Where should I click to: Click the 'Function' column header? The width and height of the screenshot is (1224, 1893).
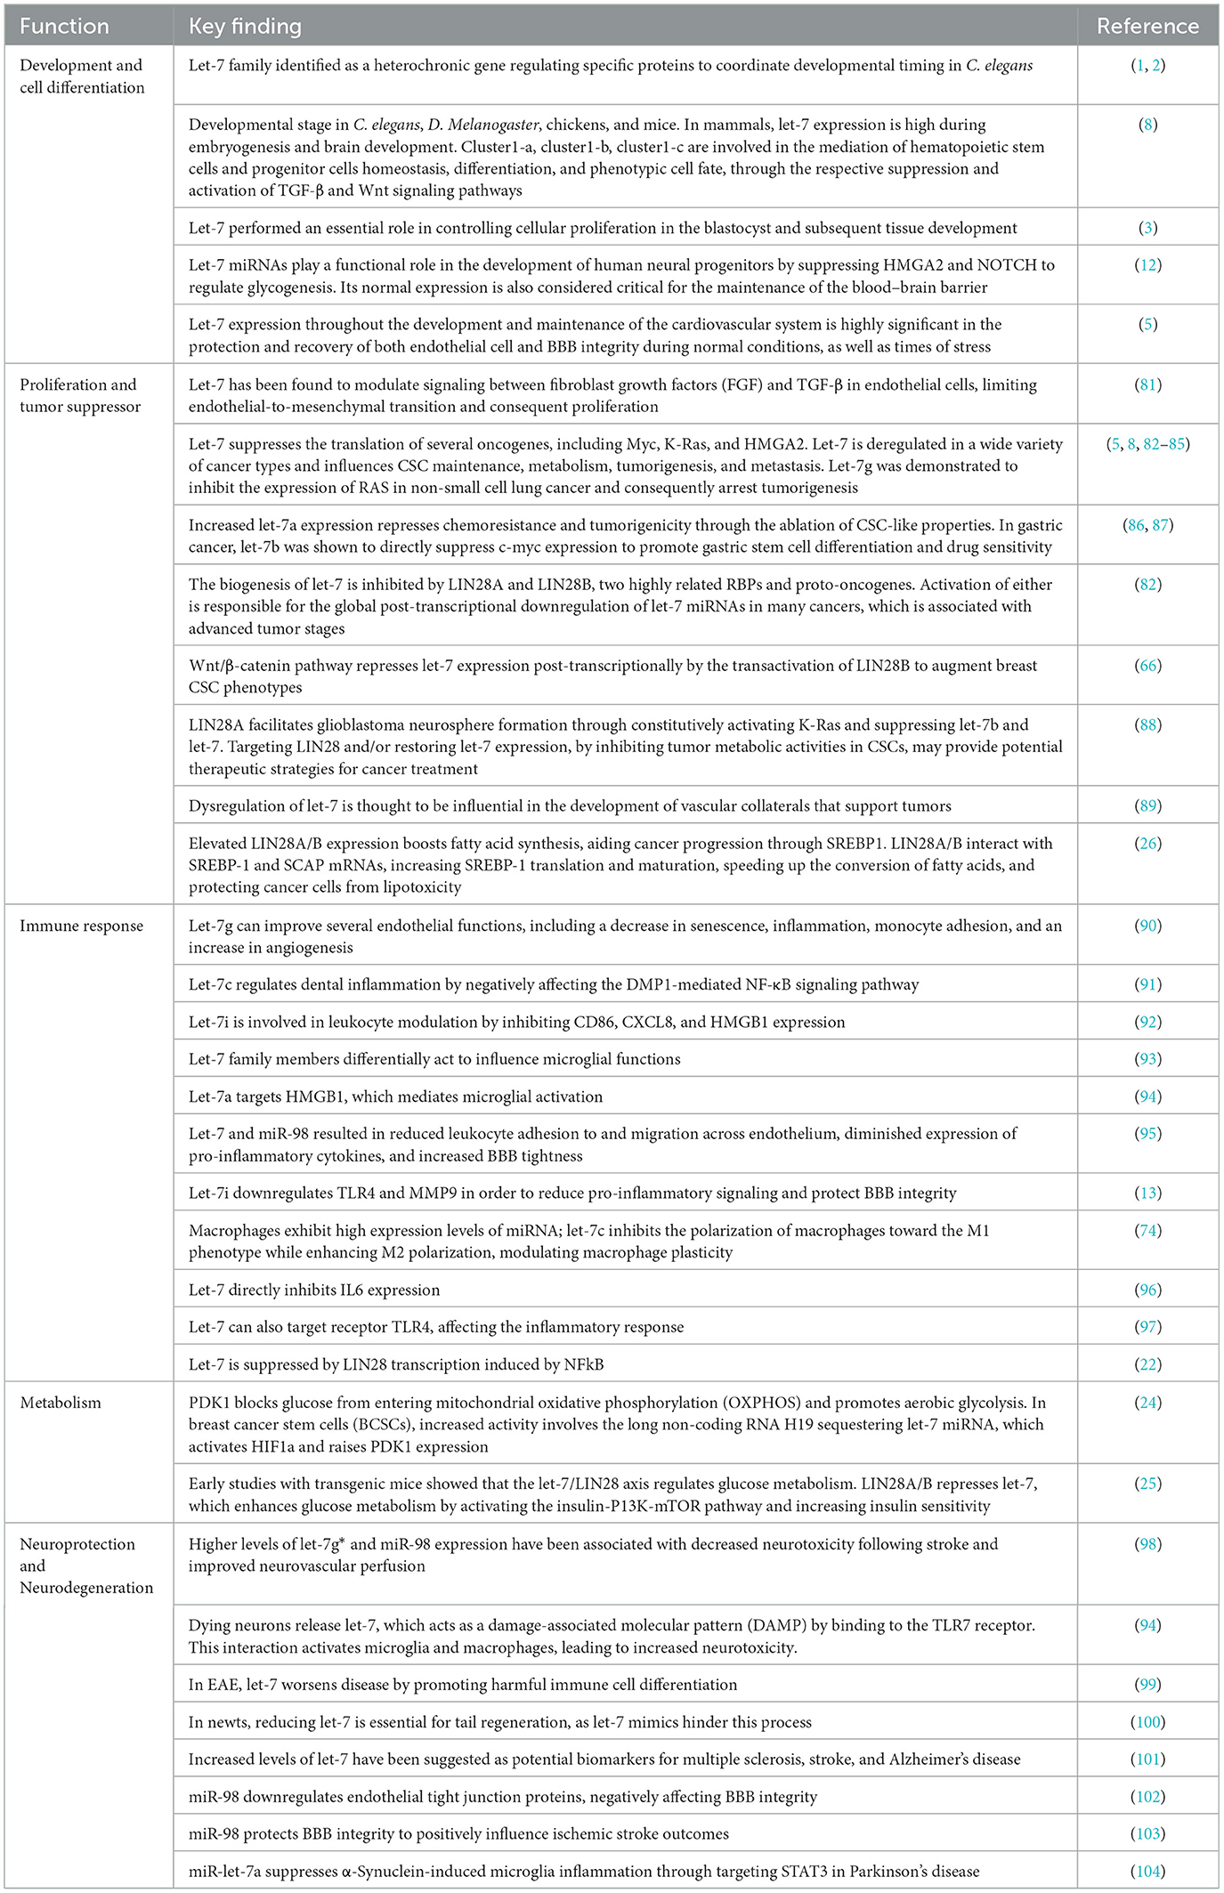64,26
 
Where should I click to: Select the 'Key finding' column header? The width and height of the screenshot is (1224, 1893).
245,26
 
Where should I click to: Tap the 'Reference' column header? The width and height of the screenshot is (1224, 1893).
1147,26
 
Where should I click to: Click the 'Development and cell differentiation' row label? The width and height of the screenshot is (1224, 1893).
82,77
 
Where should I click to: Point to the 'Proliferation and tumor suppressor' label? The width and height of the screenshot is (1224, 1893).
80,396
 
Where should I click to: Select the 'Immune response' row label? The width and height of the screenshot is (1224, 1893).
81,926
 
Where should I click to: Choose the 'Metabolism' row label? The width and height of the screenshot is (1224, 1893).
61,1403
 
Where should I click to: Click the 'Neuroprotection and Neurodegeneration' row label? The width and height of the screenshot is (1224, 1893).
86,1565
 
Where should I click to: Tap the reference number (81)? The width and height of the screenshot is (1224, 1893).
1148,385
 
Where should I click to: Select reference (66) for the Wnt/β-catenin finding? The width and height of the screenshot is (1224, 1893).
1148,666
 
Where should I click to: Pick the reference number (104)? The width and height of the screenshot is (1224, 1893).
1147,1872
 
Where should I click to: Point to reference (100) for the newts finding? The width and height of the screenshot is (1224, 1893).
1147,1722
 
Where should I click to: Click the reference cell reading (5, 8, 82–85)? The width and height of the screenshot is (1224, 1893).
1147,444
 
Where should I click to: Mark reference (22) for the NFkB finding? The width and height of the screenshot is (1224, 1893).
1148,1364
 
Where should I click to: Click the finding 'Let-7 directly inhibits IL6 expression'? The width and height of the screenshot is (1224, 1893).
313,1290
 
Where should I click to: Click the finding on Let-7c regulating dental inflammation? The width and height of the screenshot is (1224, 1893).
553,984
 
